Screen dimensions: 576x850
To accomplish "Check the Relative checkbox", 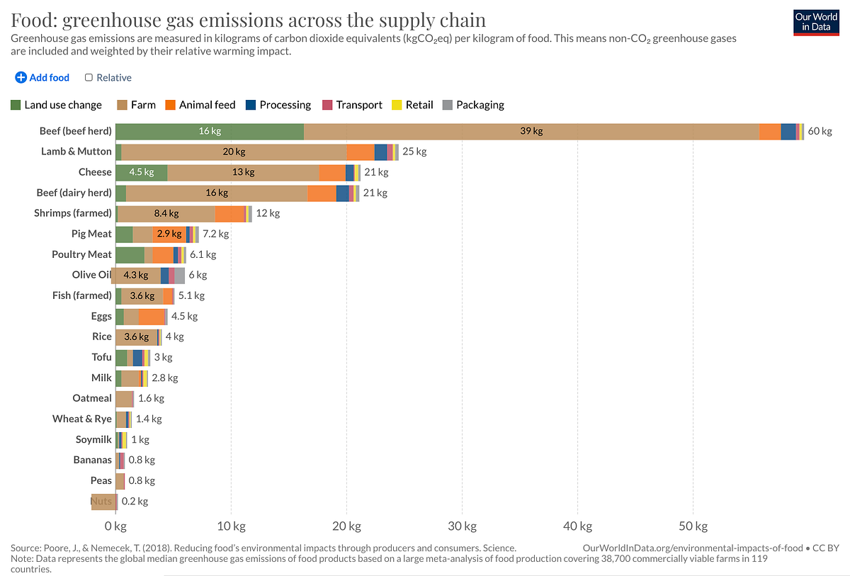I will click(x=89, y=78).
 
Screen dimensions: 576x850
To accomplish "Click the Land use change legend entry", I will click(x=57, y=105).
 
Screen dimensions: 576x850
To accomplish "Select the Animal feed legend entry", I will click(x=200, y=105).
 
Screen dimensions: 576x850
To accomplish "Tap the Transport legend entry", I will click(x=352, y=105).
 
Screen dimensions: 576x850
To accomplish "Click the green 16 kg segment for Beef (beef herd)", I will click(x=210, y=131).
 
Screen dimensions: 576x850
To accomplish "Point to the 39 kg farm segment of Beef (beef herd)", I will click(x=531, y=131).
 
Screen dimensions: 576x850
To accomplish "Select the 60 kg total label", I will click(x=820, y=131).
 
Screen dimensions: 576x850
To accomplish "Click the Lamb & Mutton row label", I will click(x=76, y=152).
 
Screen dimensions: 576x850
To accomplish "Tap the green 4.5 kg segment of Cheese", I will click(x=142, y=172).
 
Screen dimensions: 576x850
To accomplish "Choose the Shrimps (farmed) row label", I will click(x=73, y=213).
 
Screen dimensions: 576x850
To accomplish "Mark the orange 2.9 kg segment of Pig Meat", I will click(x=169, y=234).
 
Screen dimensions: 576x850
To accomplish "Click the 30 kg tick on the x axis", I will click(x=462, y=526).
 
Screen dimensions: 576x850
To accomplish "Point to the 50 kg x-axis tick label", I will click(x=693, y=526).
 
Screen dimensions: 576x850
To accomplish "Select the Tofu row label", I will click(x=101, y=357).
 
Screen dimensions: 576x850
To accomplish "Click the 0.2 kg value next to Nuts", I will click(x=135, y=501).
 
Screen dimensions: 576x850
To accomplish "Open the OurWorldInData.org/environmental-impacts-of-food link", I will click(x=692, y=548).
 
